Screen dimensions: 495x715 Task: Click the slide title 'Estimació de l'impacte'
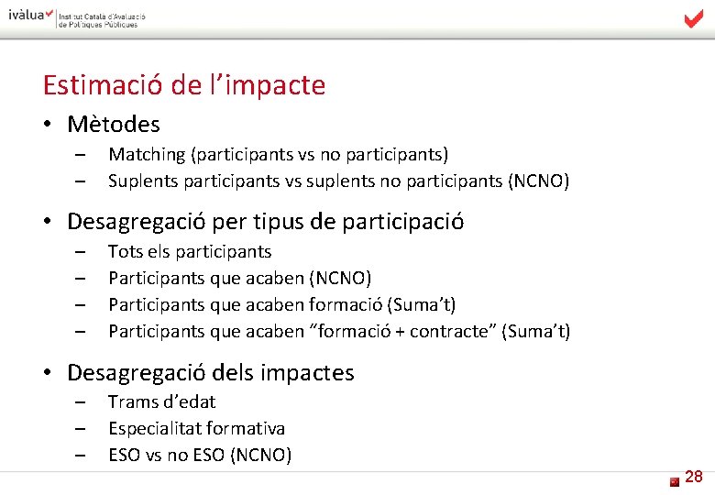click(x=184, y=85)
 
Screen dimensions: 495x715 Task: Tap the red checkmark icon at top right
click(x=694, y=18)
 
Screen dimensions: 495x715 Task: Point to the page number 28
click(x=694, y=477)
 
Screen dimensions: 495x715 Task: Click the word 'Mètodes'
click(x=114, y=124)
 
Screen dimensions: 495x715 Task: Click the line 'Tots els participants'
click(x=190, y=251)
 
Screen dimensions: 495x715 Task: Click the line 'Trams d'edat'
click(x=161, y=401)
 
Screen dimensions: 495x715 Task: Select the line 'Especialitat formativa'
click(x=196, y=428)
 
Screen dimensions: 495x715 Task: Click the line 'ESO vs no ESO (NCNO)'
click(x=200, y=455)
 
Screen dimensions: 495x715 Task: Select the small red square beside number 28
click(x=674, y=480)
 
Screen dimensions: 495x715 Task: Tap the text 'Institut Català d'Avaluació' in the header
click(x=102, y=16)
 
